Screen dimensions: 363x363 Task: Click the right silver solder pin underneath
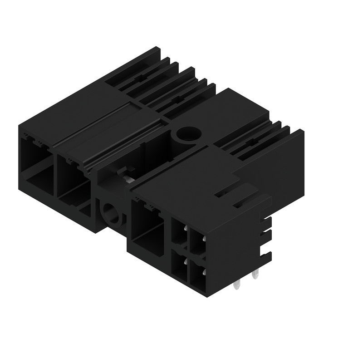255,275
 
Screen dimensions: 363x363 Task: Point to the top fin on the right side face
267,222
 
